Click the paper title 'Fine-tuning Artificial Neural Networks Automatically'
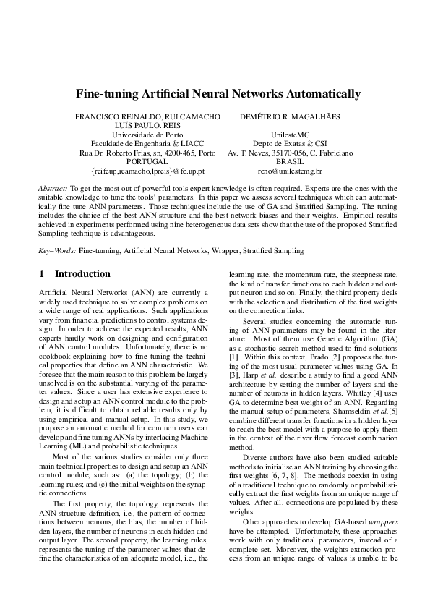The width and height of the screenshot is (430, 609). pos(218,94)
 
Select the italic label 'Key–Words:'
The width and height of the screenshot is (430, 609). pos(57,250)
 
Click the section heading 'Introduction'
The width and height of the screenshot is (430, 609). pos(82,274)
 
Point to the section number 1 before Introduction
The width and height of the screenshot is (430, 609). pos(41,274)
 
